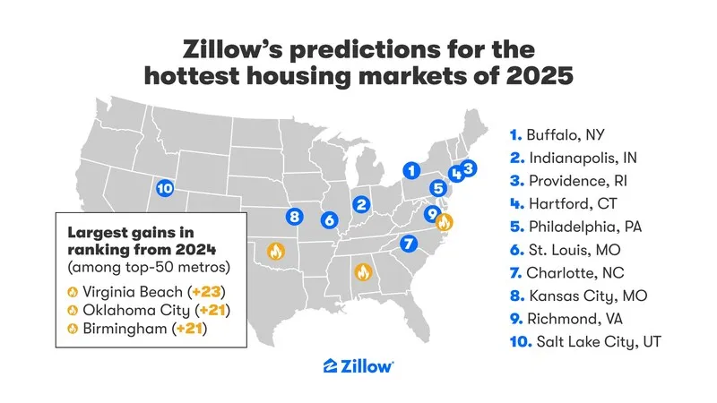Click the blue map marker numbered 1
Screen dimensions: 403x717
[x=410, y=169]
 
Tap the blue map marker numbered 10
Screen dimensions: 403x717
[x=164, y=188]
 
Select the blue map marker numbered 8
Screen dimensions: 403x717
[x=295, y=216]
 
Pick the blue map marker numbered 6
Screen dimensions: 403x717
[x=329, y=219]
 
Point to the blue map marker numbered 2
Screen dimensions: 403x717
[x=361, y=204]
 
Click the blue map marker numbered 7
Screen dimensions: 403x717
[x=409, y=242]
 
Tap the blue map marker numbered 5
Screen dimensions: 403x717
[x=437, y=188]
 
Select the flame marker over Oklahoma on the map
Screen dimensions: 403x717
[x=275, y=252]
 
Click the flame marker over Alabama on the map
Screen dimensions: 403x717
[x=363, y=270]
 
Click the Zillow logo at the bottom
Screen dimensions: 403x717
[x=358, y=365]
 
